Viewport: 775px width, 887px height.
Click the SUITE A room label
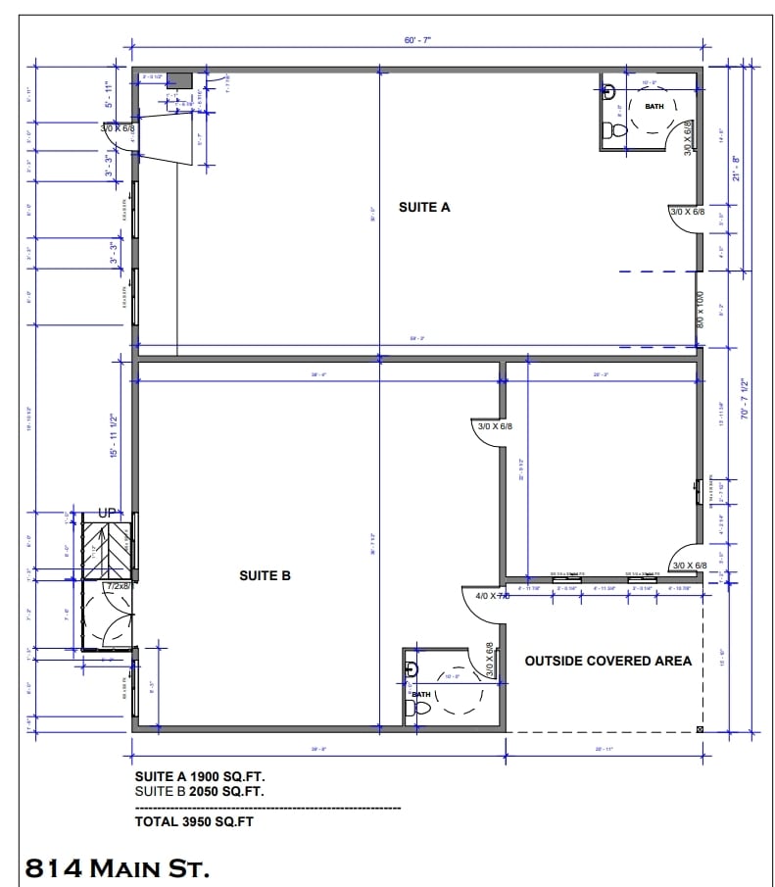(x=423, y=207)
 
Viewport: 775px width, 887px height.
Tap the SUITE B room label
(x=265, y=576)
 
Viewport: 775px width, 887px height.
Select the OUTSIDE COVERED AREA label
(x=607, y=661)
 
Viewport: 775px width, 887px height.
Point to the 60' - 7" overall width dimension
(x=417, y=40)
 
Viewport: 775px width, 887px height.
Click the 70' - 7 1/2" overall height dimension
(x=746, y=399)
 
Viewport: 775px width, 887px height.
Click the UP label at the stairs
(x=108, y=514)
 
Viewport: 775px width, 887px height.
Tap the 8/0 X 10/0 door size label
(x=700, y=310)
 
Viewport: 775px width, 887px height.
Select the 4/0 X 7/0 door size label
(x=492, y=595)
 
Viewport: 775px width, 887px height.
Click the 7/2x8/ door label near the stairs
(x=119, y=585)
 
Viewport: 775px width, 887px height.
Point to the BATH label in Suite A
(x=654, y=106)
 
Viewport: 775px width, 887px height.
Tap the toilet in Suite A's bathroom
(x=616, y=129)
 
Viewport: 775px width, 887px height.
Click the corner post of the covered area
(x=699, y=729)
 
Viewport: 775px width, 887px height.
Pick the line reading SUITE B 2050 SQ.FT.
(x=199, y=790)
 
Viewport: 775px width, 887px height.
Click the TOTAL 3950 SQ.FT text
(x=194, y=822)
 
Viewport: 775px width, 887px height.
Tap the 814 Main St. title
(x=117, y=867)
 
